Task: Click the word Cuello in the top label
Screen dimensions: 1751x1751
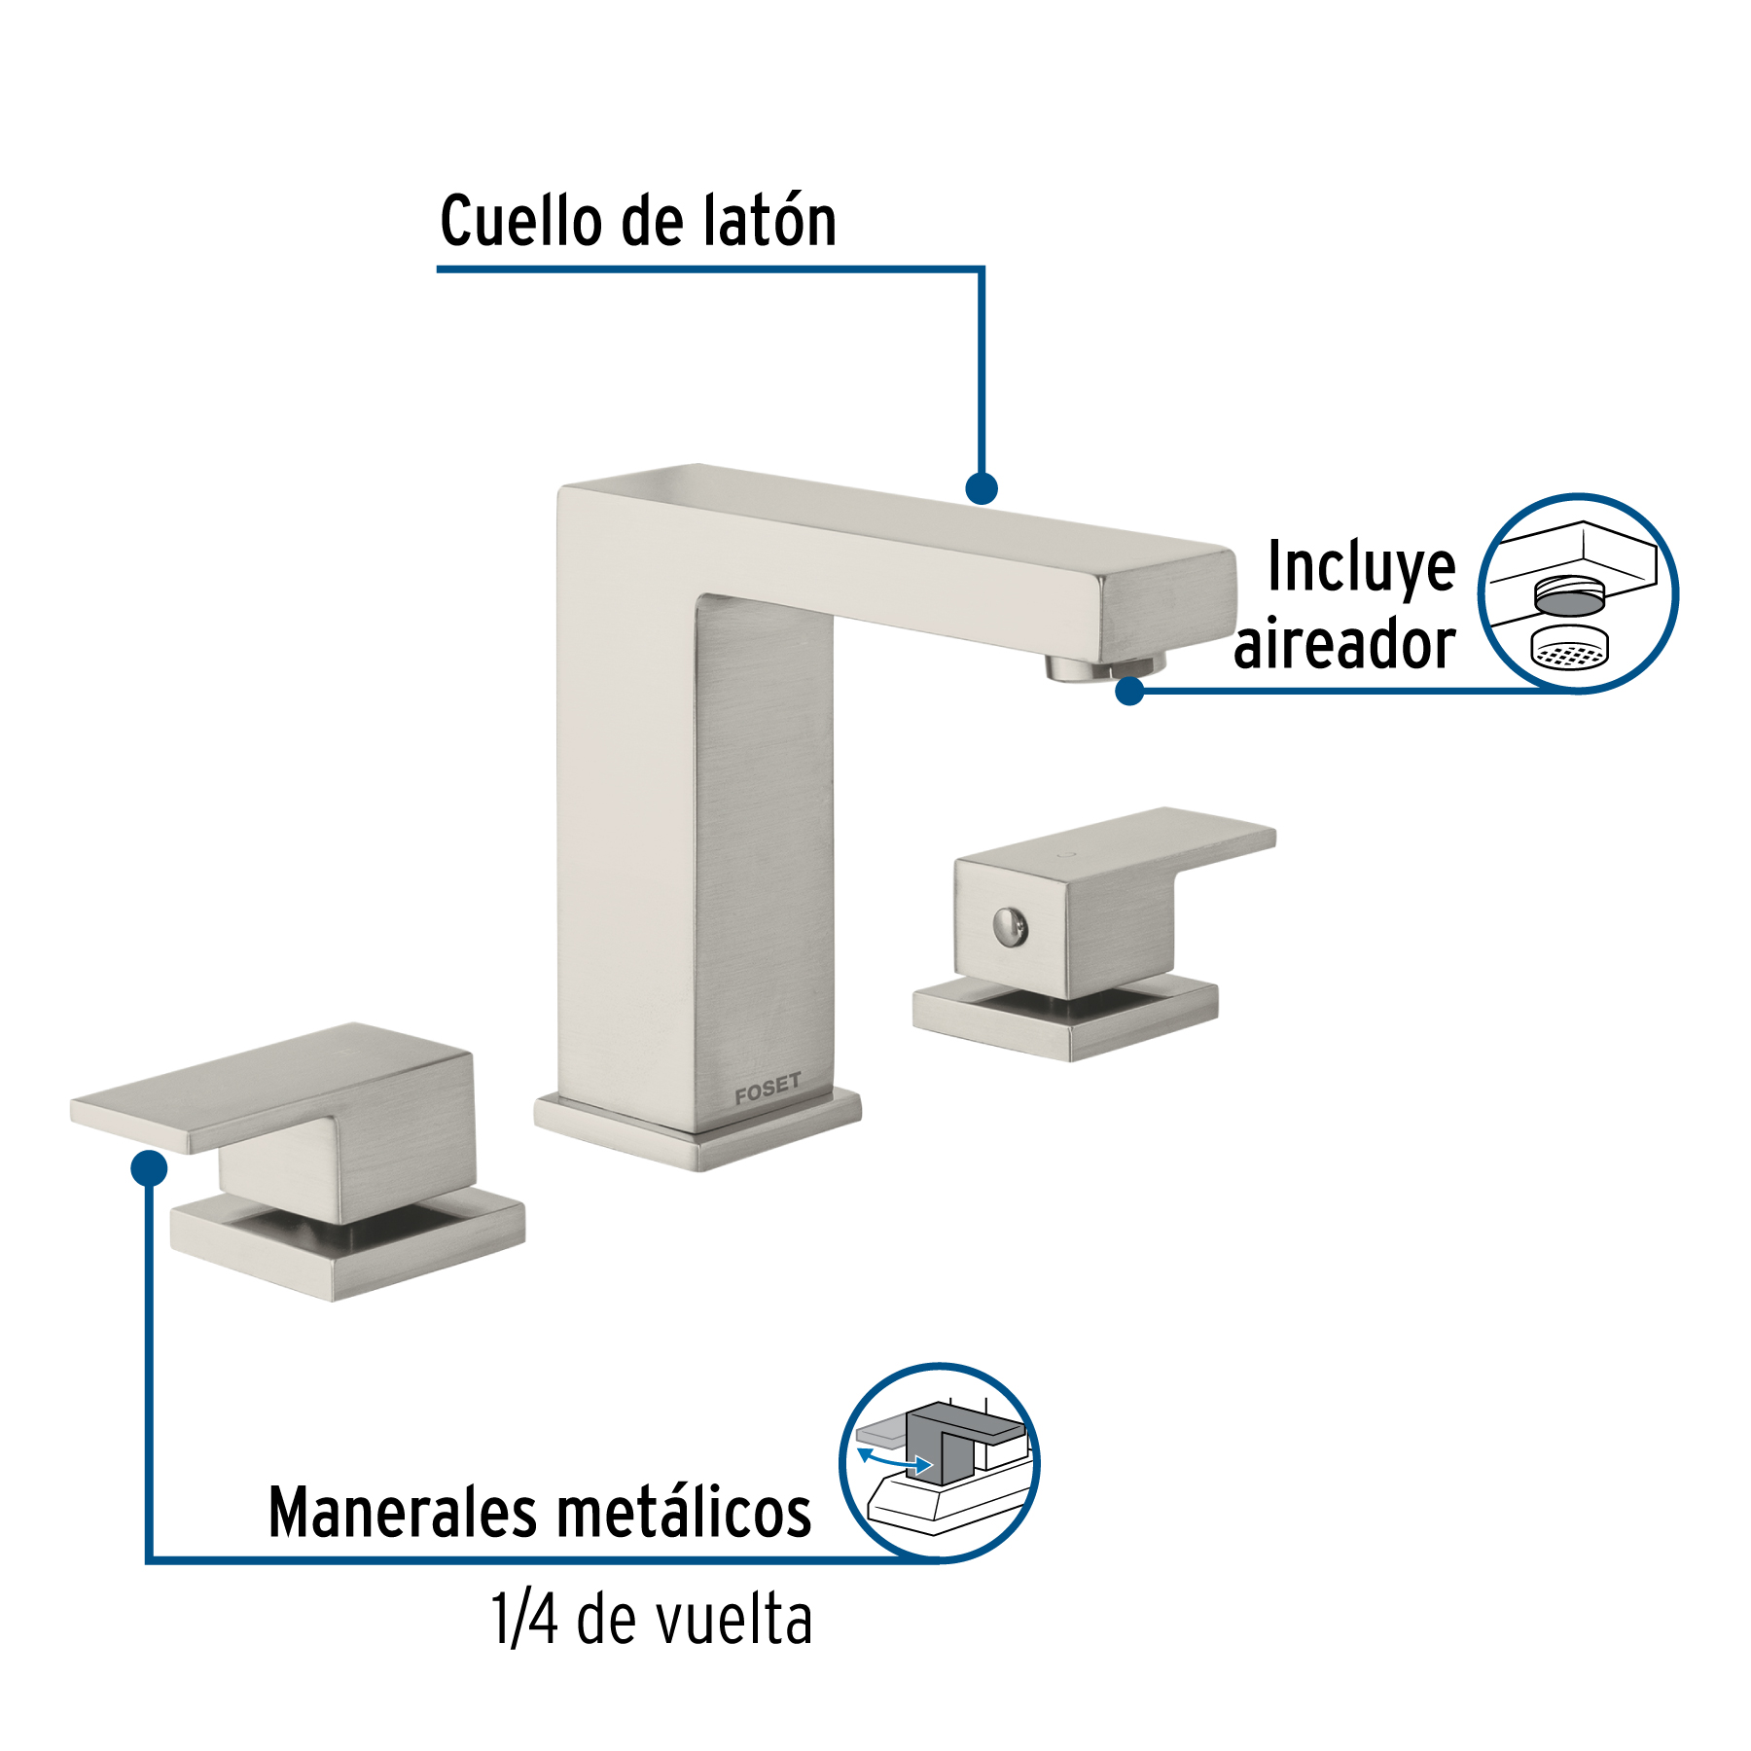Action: (x=520, y=221)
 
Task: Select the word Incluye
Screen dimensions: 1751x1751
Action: (x=1362, y=568)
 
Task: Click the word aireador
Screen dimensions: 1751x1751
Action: (x=1344, y=645)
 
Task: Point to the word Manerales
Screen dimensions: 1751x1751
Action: (x=403, y=1514)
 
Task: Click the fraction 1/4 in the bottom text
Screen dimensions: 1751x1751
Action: (x=525, y=1621)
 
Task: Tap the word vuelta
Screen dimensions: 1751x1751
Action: (x=734, y=1621)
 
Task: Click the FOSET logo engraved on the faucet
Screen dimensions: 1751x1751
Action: (x=768, y=1089)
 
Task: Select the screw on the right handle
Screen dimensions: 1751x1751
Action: (x=1011, y=925)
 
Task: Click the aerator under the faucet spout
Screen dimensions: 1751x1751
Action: (x=1105, y=667)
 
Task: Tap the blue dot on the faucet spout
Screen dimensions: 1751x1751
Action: (x=982, y=488)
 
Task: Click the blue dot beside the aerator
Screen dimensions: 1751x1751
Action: (x=1129, y=691)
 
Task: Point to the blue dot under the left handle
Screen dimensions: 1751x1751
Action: (x=149, y=1167)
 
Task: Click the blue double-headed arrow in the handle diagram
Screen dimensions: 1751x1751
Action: (x=894, y=1459)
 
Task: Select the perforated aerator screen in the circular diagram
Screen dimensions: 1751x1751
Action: (x=1569, y=649)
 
